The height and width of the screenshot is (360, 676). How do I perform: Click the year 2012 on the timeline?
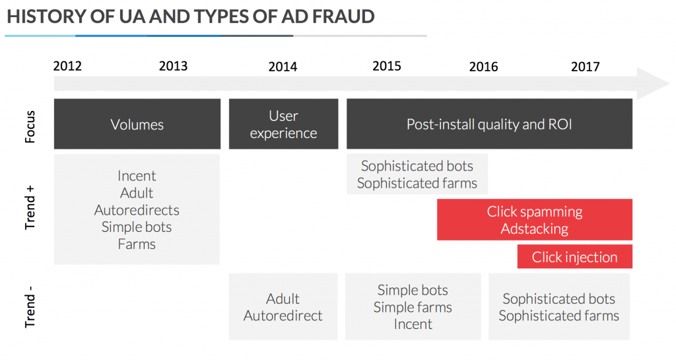(x=67, y=66)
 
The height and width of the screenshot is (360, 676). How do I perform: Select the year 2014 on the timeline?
(x=283, y=67)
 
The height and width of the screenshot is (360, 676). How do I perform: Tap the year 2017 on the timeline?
(x=586, y=67)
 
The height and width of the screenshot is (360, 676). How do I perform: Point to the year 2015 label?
(x=387, y=66)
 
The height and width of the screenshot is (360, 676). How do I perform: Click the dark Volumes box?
(x=137, y=124)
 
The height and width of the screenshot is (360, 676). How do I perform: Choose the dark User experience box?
(x=284, y=124)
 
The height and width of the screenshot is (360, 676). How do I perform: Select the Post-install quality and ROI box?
(x=489, y=124)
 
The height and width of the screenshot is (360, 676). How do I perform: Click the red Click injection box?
(x=575, y=257)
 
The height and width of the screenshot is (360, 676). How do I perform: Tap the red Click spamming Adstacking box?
(x=535, y=220)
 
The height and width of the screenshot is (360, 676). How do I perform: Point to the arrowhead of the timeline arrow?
(x=667, y=83)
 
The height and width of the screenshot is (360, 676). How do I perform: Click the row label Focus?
(x=30, y=127)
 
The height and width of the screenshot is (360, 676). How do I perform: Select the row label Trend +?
(x=30, y=208)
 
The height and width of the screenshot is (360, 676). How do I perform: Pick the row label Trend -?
(x=30, y=306)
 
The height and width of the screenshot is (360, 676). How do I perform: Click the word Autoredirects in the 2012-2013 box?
(x=137, y=210)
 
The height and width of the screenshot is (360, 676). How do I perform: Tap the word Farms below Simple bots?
(x=137, y=244)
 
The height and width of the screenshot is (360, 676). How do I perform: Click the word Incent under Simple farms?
(x=413, y=324)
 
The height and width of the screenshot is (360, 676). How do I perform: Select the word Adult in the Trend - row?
(x=283, y=299)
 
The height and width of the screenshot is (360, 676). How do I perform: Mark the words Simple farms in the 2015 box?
(x=413, y=307)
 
